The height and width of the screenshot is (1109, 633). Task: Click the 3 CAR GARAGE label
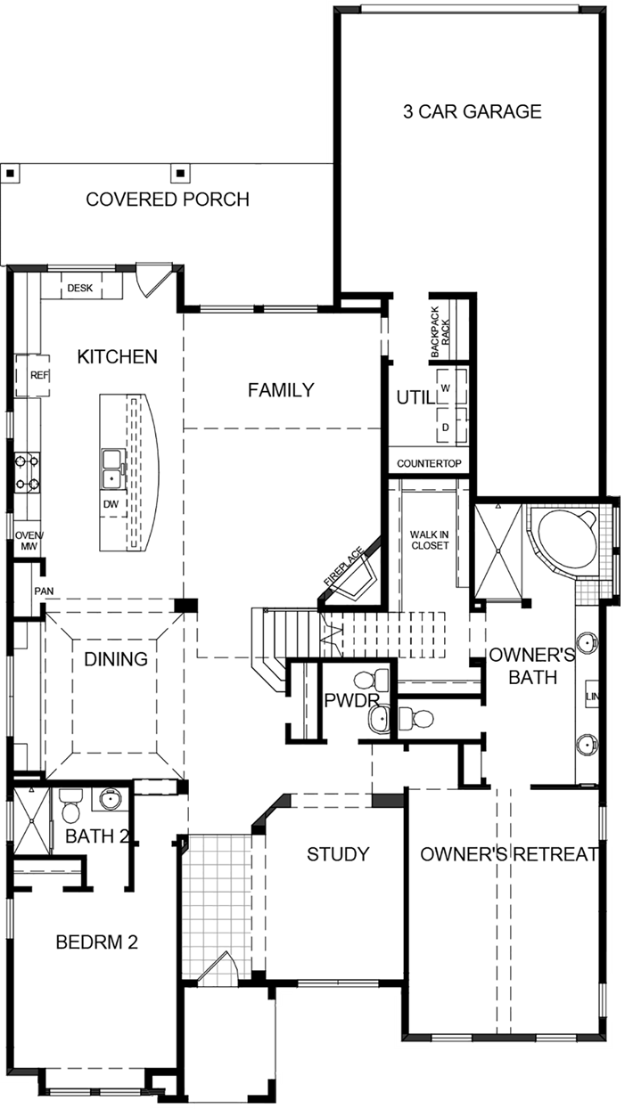pyautogui.click(x=471, y=111)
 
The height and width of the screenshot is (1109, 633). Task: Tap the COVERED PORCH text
pyautogui.click(x=168, y=200)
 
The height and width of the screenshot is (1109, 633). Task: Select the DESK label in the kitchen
pyautogui.click(x=80, y=288)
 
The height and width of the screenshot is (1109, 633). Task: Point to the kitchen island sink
pyautogui.click(x=112, y=468)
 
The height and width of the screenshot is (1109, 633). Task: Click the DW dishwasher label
pyautogui.click(x=111, y=505)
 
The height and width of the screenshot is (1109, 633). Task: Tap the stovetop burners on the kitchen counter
pyautogui.click(x=26, y=472)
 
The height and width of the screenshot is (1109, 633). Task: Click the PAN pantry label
pyautogui.click(x=44, y=591)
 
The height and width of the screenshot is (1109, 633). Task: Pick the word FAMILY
pyautogui.click(x=281, y=389)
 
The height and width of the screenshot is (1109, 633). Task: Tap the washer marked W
pyautogui.click(x=445, y=388)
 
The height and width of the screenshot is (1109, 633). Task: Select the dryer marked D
pyautogui.click(x=445, y=427)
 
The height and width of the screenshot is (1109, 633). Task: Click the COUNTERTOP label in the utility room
pyautogui.click(x=429, y=464)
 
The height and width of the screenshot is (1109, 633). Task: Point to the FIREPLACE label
pyautogui.click(x=342, y=567)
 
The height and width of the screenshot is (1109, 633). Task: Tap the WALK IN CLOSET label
pyautogui.click(x=429, y=540)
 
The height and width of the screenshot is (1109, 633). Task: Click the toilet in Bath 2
pyautogui.click(x=71, y=808)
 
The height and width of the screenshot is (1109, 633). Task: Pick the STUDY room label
pyautogui.click(x=338, y=854)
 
